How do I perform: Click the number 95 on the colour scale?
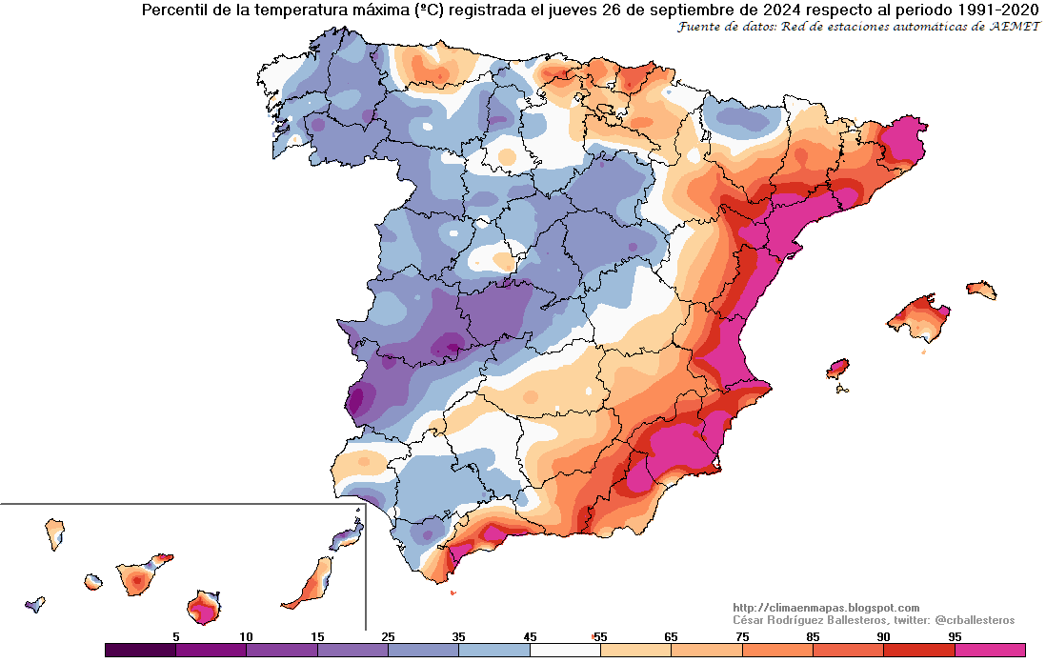pos(954,635)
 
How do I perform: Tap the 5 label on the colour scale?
pos(175,635)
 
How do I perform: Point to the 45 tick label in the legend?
pos(530,635)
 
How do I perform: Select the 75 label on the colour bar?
pos(741,635)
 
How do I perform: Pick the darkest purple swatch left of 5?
pos(140,650)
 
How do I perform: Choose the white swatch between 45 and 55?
pos(565,650)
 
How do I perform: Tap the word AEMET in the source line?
pos(1013,27)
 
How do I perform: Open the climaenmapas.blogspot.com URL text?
pos(826,608)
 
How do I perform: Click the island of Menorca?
pos(980,289)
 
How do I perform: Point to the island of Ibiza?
pos(838,369)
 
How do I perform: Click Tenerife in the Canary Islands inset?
pos(137,577)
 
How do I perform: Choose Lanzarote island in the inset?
pos(350,536)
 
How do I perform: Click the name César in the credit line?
pos(753,620)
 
